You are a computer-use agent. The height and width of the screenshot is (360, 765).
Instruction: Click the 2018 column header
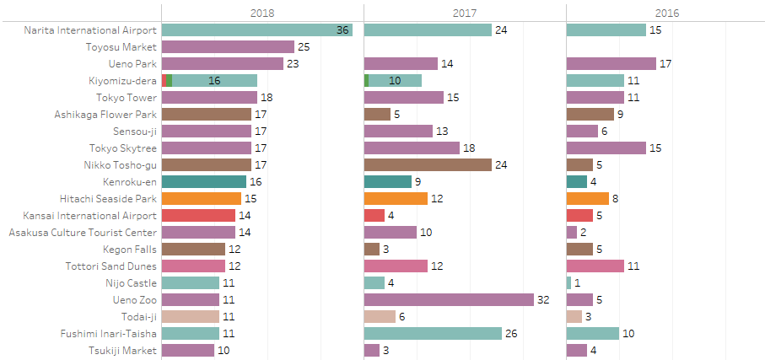(x=262, y=13)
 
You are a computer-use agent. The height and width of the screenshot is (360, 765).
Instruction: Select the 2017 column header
(x=465, y=13)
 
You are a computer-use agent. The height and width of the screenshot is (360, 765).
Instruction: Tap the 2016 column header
(x=666, y=13)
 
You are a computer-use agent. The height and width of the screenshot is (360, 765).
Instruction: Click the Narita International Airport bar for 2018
(x=256, y=30)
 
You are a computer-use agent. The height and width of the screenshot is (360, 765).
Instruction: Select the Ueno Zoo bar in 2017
(x=449, y=299)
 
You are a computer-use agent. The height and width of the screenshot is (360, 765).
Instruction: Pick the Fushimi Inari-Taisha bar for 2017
(x=433, y=333)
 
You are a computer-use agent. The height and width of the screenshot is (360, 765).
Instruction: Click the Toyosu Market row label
(x=121, y=47)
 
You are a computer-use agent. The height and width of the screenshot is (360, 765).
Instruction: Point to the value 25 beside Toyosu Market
(x=304, y=47)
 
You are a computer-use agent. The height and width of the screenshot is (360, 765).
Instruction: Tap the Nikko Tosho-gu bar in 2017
(x=428, y=164)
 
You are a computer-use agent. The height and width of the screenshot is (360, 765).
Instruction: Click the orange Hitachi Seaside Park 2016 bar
(x=588, y=198)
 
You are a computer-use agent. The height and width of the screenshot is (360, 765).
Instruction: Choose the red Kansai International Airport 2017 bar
(x=374, y=215)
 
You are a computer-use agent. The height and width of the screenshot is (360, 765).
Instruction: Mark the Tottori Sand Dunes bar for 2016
(x=595, y=266)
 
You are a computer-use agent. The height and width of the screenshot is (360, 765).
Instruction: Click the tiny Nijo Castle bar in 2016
(x=569, y=282)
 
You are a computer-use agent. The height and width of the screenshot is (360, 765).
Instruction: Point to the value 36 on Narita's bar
(x=342, y=30)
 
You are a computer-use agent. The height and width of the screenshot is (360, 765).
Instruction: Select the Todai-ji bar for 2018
(x=191, y=316)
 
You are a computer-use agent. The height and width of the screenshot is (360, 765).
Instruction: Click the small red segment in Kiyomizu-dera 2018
(x=164, y=81)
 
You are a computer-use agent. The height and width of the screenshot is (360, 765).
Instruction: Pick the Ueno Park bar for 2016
(x=611, y=64)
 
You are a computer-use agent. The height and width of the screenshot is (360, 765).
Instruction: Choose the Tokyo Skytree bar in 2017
(x=412, y=148)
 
